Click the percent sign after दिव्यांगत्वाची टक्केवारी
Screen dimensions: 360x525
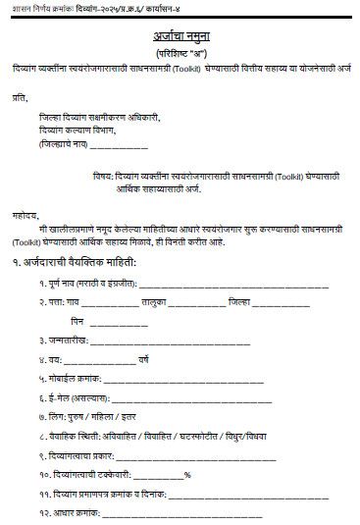186,473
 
